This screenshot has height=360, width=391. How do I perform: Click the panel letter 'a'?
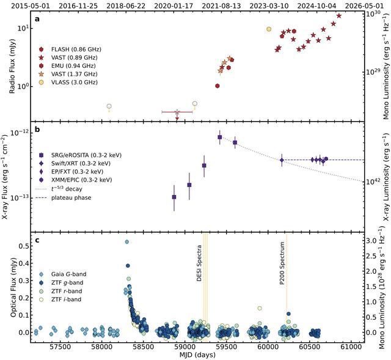tap(37, 19)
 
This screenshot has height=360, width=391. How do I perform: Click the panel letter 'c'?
tap(37, 240)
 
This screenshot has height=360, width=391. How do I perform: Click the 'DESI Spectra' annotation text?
tap(199, 267)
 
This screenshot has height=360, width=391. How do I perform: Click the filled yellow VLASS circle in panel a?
tap(269, 29)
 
